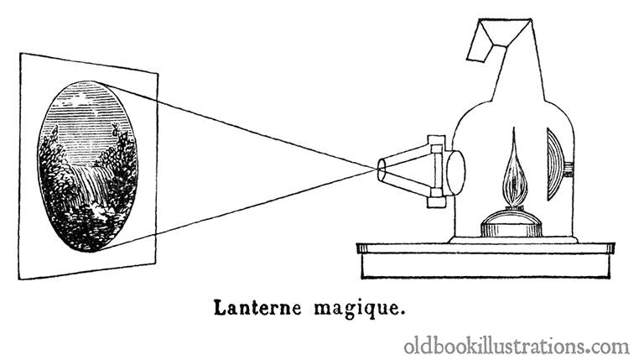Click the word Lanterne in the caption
(x=258, y=307)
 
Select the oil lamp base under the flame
(x=512, y=223)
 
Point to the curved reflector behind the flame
(x=555, y=164)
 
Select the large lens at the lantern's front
(x=455, y=173)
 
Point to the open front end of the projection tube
(x=382, y=170)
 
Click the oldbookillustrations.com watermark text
(x=517, y=346)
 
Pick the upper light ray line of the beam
(x=237, y=126)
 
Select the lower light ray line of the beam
(x=237, y=210)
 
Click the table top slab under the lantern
(x=486, y=248)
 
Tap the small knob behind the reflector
(x=569, y=170)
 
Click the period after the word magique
(x=397, y=314)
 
